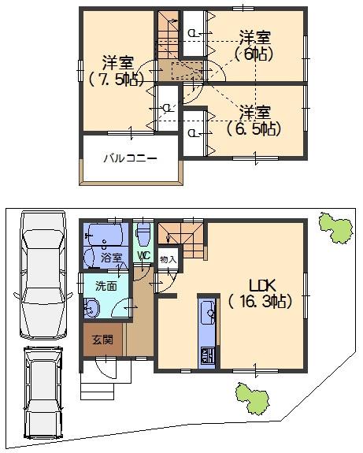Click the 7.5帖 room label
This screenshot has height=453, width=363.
116,70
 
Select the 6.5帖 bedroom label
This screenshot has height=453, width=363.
254,118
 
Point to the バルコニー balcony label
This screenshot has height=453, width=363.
131,158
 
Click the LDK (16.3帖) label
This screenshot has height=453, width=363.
260,292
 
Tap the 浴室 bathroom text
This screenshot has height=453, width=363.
112,258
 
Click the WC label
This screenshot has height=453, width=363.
144,256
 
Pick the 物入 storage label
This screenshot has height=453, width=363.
168,258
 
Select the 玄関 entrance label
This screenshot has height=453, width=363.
102,340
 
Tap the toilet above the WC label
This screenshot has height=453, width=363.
143,234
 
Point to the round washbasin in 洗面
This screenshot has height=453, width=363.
88,311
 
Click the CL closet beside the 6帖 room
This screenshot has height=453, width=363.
192,32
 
